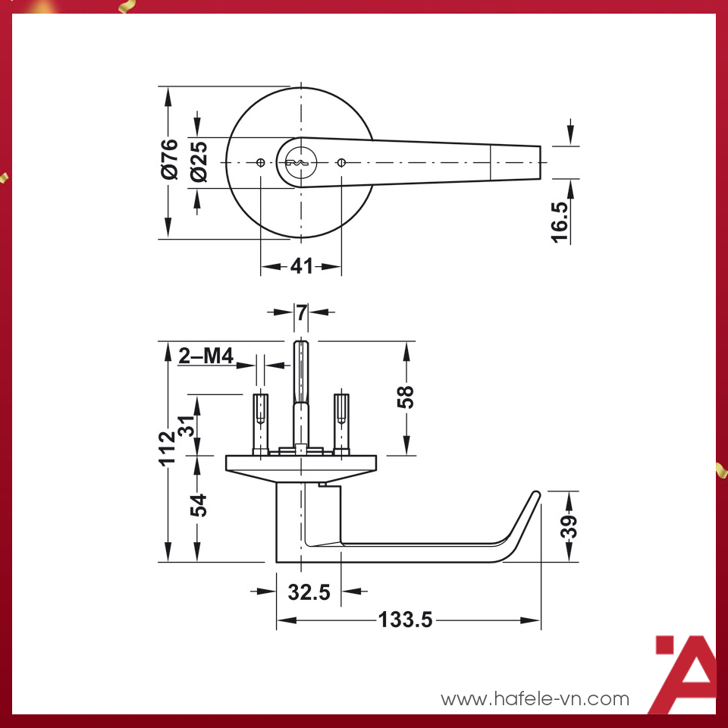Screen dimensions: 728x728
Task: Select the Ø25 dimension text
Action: point(199,162)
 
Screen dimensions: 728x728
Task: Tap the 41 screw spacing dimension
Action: point(301,267)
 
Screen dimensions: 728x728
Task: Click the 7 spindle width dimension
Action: point(302,312)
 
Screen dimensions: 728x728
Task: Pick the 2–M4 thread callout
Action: point(206,356)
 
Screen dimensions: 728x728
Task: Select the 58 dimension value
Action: point(407,397)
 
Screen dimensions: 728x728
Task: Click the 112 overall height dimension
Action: point(168,448)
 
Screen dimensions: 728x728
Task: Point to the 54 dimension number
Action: point(198,505)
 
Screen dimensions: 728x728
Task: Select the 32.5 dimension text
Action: point(309,592)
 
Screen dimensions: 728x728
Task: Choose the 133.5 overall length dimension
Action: point(405,620)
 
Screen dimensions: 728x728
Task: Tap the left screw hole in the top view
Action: point(260,163)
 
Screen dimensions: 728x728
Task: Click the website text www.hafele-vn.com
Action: point(535,698)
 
